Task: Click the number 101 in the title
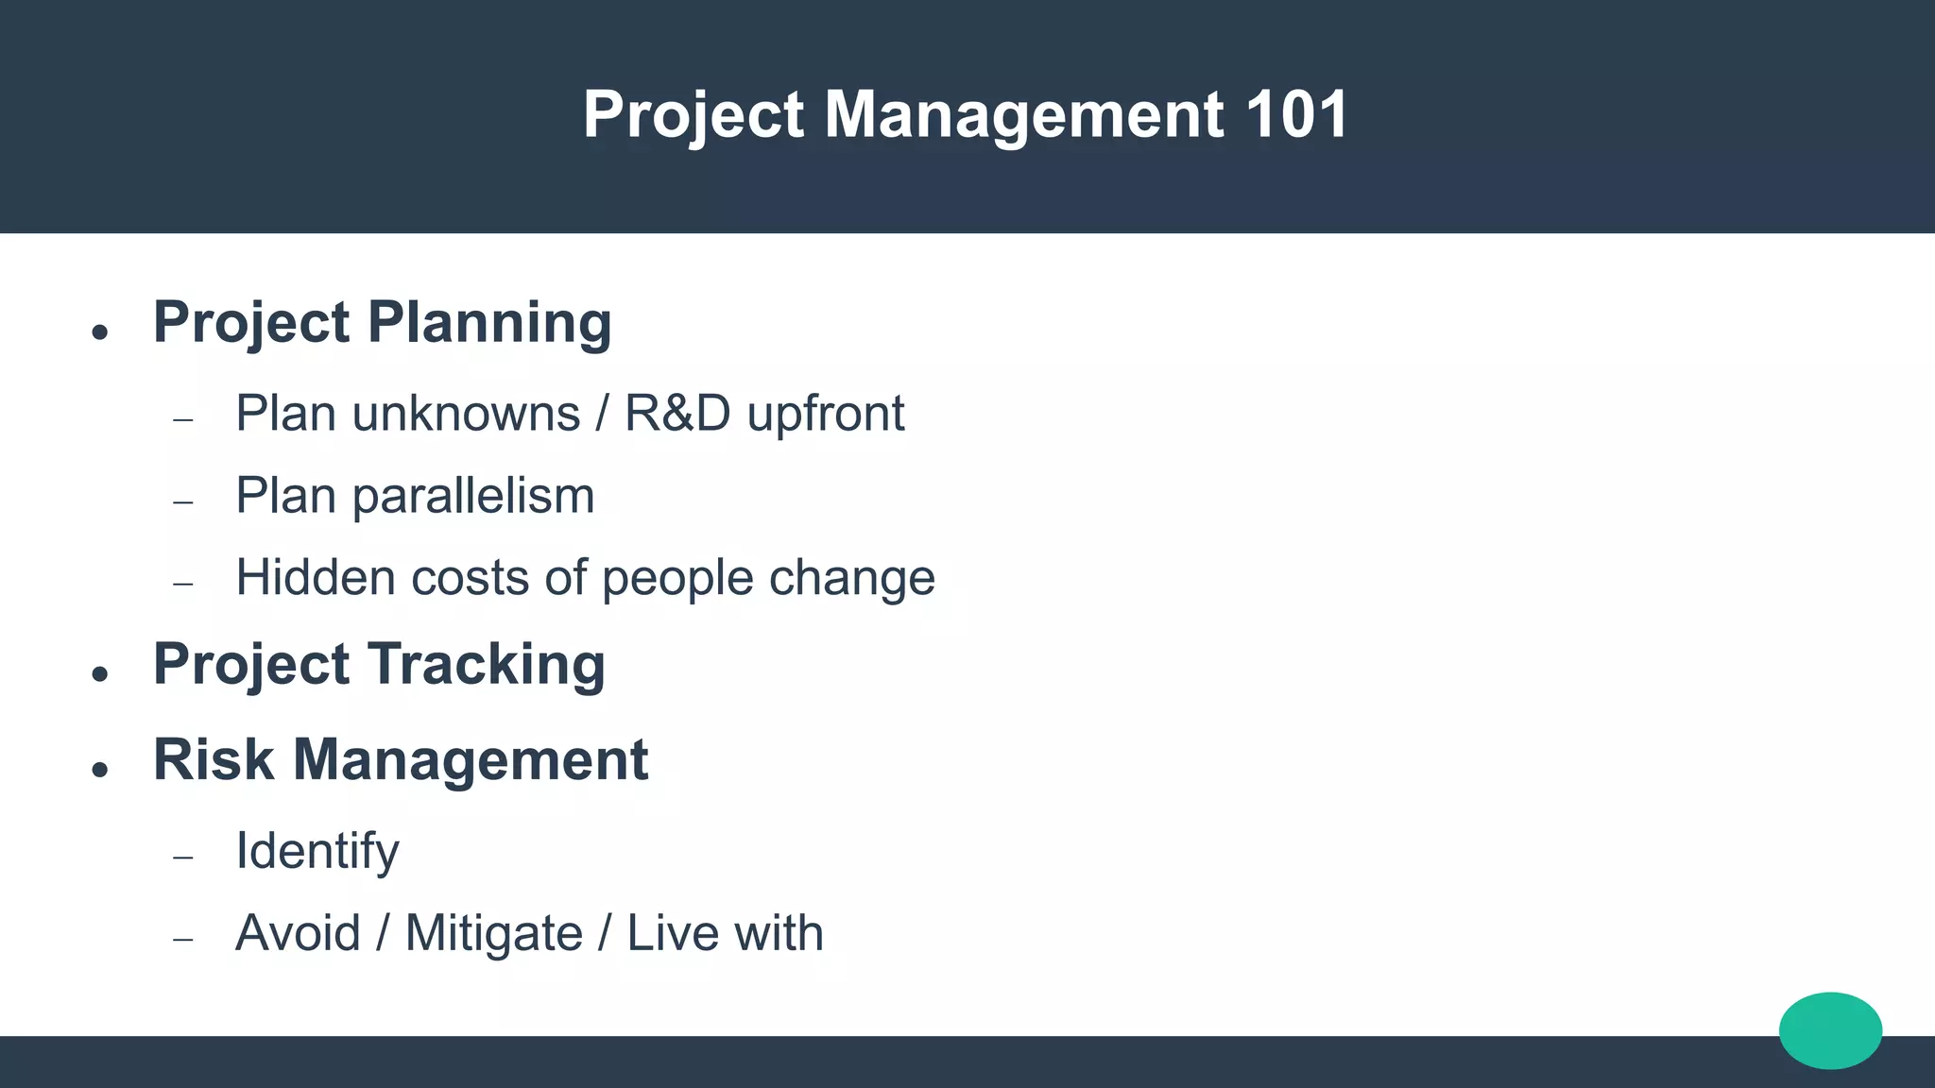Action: click(x=1296, y=115)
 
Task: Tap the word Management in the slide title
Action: click(x=1024, y=115)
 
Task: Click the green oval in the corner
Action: click(x=1830, y=1030)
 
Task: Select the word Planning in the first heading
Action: click(x=489, y=323)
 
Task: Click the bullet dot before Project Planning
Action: click(x=100, y=332)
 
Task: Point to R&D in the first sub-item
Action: click(x=677, y=414)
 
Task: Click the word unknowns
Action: click(x=466, y=414)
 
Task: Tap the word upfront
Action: click(x=825, y=414)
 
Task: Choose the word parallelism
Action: click(x=473, y=496)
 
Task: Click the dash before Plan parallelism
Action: click(x=183, y=501)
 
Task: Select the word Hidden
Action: click(x=316, y=577)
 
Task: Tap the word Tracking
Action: click(x=486, y=664)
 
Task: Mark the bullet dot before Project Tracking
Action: click(x=100, y=674)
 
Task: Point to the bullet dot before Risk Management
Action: click(x=100, y=770)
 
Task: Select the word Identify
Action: click(x=317, y=851)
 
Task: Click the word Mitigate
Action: click(x=493, y=933)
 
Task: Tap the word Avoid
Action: click(x=298, y=933)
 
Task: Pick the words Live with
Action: click(x=725, y=933)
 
